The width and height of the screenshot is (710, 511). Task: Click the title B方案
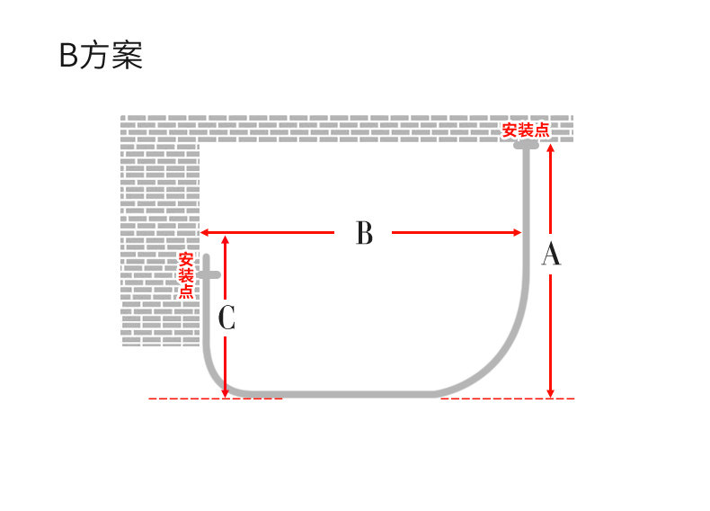click(x=101, y=56)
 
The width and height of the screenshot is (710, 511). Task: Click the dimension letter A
click(x=551, y=255)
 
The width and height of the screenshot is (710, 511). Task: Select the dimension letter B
click(x=363, y=233)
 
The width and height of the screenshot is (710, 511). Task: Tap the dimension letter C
click(x=226, y=318)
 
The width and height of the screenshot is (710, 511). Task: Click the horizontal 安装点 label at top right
click(x=525, y=130)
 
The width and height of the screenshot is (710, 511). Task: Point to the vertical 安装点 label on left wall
click(x=186, y=275)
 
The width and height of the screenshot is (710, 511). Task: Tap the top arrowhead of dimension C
click(x=225, y=239)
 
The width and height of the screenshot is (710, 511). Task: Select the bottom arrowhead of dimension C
click(x=225, y=391)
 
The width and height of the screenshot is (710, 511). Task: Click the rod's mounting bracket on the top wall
click(x=526, y=144)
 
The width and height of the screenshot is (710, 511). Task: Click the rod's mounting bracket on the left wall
click(x=209, y=274)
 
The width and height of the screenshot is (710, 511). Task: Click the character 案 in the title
click(x=129, y=56)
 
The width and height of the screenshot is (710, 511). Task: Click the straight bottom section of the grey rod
click(x=342, y=394)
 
